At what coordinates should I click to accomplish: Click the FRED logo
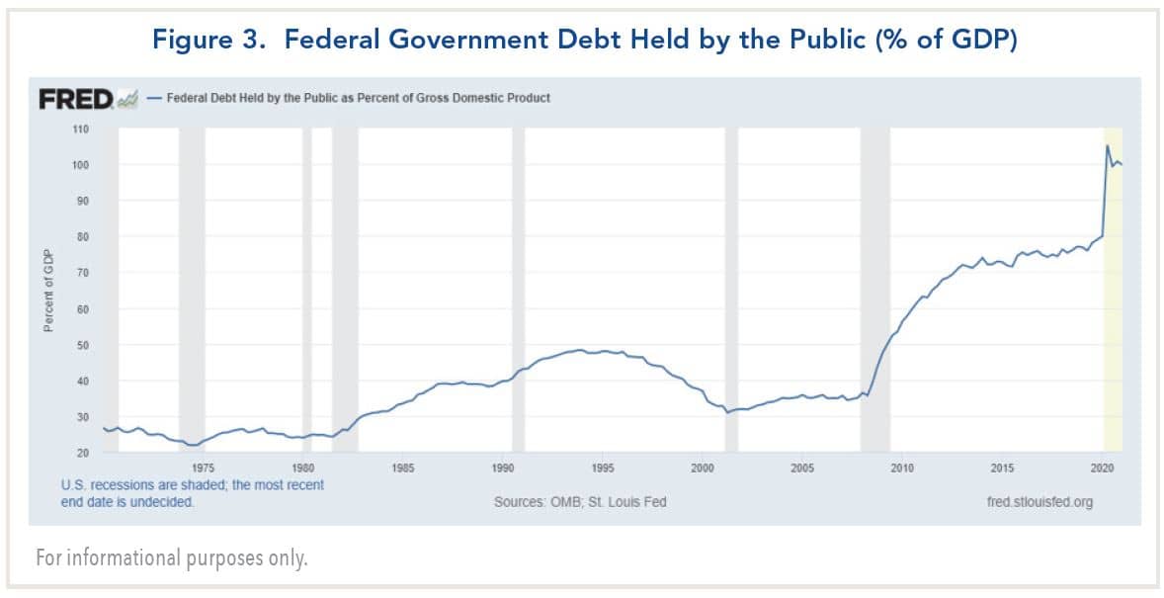coord(76,98)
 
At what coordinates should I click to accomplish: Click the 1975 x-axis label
coord(203,468)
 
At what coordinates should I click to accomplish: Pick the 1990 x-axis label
coord(502,468)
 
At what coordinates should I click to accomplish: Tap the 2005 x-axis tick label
coord(802,468)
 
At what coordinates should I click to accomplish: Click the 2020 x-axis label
coord(1102,468)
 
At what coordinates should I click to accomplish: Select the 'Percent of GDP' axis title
coord(47,292)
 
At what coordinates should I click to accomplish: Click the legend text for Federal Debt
coord(358,98)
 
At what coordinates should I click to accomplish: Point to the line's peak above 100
coord(1107,145)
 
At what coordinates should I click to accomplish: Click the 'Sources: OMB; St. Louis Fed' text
coord(580,502)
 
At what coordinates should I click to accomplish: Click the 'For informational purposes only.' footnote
coord(172,558)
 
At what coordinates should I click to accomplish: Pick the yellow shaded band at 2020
coord(1113,297)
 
